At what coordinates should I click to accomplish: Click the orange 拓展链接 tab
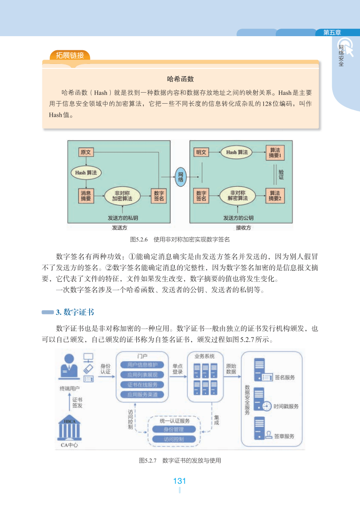tap(70, 56)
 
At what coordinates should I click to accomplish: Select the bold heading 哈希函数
tap(180, 79)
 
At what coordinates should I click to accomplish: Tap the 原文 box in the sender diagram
tap(86, 152)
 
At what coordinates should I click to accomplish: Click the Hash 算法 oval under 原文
tap(86, 172)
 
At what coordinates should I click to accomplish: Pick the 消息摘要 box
tap(86, 196)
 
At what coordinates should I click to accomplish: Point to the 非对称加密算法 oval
tap(122, 196)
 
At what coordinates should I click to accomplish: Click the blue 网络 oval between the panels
tap(180, 177)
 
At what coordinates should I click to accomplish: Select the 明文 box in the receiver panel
tap(201, 152)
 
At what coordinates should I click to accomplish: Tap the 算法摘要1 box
tap(275, 153)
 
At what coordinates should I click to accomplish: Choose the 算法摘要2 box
tap(275, 196)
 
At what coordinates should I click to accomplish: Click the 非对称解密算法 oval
tap(237, 195)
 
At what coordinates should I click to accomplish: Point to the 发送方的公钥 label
tap(238, 218)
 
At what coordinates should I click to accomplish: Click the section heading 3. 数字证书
tap(75, 312)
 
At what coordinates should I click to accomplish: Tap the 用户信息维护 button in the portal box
tap(142, 365)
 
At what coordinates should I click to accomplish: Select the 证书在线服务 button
tap(142, 385)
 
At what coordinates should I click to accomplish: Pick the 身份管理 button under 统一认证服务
tap(174, 429)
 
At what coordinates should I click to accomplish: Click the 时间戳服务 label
tap(286, 407)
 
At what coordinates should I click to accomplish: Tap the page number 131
tap(180, 481)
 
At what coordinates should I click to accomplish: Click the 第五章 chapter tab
tap(332, 33)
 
